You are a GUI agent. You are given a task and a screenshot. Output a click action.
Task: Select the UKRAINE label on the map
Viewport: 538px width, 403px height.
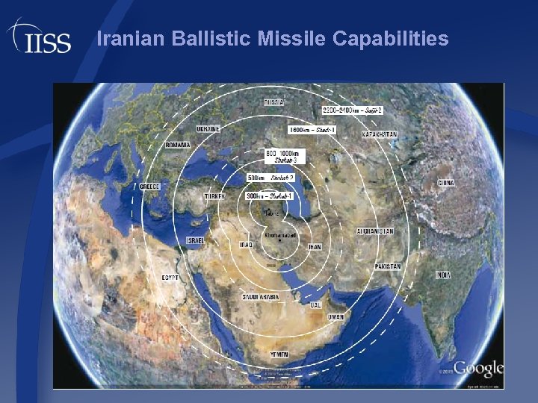tap(208, 128)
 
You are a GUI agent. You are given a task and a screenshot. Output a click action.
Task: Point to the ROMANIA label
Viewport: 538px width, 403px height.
tap(177, 144)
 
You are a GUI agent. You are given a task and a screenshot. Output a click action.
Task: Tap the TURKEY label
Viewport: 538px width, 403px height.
tap(215, 196)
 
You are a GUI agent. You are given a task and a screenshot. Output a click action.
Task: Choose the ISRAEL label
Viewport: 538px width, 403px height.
tap(196, 241)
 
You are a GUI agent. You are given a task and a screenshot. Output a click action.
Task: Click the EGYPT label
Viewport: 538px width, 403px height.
tap(170, 278)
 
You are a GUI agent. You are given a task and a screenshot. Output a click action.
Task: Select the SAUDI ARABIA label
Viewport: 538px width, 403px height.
tap(260, 297)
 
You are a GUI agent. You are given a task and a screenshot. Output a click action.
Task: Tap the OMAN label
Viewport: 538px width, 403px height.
tap(336, 317)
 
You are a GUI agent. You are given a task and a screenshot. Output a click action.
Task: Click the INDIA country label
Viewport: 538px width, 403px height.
tap(444, 275)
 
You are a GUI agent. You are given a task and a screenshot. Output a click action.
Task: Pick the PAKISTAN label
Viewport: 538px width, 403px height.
tap(389, 266)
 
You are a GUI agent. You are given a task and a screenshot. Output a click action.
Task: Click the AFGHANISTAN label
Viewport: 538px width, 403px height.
tap(375, 231)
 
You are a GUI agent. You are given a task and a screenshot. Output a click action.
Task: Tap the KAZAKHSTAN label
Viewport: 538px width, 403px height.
tap(380, 134)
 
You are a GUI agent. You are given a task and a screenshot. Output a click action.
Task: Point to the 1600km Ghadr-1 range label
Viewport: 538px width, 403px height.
tap(312, 129)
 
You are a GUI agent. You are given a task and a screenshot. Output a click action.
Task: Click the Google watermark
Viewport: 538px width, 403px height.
tap(477, 369)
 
